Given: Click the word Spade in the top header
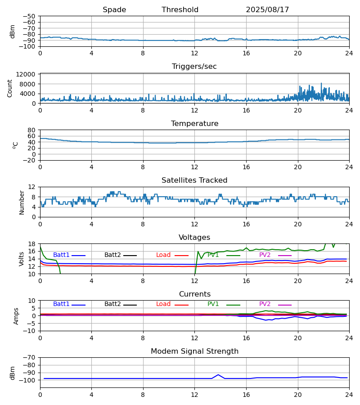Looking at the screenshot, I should tap(114, 10).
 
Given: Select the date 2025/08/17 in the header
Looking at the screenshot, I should tap(267, 10).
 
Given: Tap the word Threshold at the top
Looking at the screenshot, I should tap(180, 10).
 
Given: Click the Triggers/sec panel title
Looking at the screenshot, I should tap(194, 67).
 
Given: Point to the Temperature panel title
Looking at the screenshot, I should tap(194, 124).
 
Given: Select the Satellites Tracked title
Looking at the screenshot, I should tap(194, 180).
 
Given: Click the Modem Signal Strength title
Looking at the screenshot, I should tap(194, 351).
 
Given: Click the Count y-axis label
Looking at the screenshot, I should tap(10, 88).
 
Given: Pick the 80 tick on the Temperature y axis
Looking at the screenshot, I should tap(31, 130).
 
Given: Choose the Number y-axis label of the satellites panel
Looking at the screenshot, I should tap(22, 202).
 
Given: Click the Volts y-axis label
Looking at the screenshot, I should tap(22, 259).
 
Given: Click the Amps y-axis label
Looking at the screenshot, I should tap(16, 316).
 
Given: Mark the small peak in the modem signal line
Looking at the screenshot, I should tap(218, 375).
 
